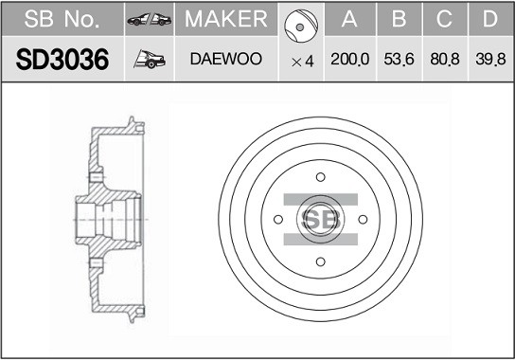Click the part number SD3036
(x=62, y=60)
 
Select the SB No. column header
(x=62, y=19)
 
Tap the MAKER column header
(x=226, y=19)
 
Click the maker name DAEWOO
(x=226, y=59)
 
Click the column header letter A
(x=349, y=19)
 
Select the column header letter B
(x=399, y=19)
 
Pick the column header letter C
(x=444, y=19)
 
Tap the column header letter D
(x=490, y=19)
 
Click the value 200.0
(x=349, y=59)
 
